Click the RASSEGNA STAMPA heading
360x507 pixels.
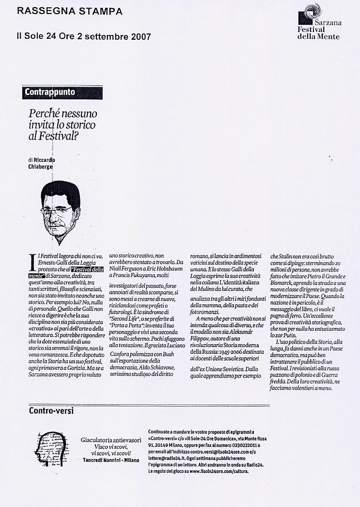pyautogui.click(x=69, y=11)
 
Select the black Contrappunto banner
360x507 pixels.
pyautogui.click(x=56, y=92)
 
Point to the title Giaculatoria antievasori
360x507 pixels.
pyautogui.click(x=111, y=440)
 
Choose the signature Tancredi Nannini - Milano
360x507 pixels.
pyautogui.click(x=111, y=459)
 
